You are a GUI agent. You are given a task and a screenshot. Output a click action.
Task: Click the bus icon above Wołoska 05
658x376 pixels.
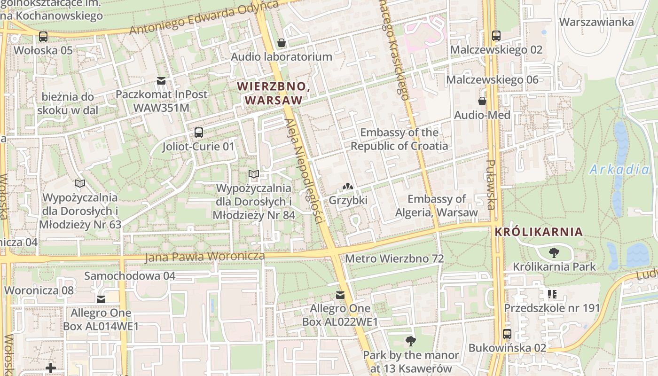[43, 36]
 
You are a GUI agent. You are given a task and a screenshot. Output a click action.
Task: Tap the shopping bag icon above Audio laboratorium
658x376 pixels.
[282, 43]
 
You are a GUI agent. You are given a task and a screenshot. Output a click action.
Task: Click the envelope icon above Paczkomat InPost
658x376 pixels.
[161, 81]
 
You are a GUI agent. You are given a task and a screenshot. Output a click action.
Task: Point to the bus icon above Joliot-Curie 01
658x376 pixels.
[198, 133]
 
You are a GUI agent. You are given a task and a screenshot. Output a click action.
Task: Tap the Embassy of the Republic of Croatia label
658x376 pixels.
[399, 139]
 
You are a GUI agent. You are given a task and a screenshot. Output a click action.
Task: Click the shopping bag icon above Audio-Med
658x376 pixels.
[482, 101]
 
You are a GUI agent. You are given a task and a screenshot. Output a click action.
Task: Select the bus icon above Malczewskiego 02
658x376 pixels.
[496, 36]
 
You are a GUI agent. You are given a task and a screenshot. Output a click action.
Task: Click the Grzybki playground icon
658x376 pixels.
[348, 187]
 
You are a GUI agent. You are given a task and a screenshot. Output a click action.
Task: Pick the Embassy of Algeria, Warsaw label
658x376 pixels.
[437, 205]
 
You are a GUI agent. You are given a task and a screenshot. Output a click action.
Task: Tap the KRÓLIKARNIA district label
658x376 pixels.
[539, 232]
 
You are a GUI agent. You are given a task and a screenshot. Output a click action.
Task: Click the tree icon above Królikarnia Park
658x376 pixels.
[554, 253]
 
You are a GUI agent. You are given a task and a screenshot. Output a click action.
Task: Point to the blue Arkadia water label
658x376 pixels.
[619, 170]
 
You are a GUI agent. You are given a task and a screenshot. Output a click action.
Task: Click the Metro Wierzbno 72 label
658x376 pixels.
[394, 258]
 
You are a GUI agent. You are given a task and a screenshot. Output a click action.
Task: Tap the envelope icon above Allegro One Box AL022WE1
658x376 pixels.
[340, 295]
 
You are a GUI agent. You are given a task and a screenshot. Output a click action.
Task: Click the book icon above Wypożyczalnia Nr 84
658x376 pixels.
[254, 174]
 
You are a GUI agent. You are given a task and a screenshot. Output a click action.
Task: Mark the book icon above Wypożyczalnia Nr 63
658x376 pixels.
[80, 183]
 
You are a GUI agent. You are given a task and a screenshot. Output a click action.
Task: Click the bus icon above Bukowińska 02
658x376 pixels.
[507, 334]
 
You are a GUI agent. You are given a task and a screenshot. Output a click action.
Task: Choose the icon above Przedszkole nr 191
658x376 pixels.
[552, 294]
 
